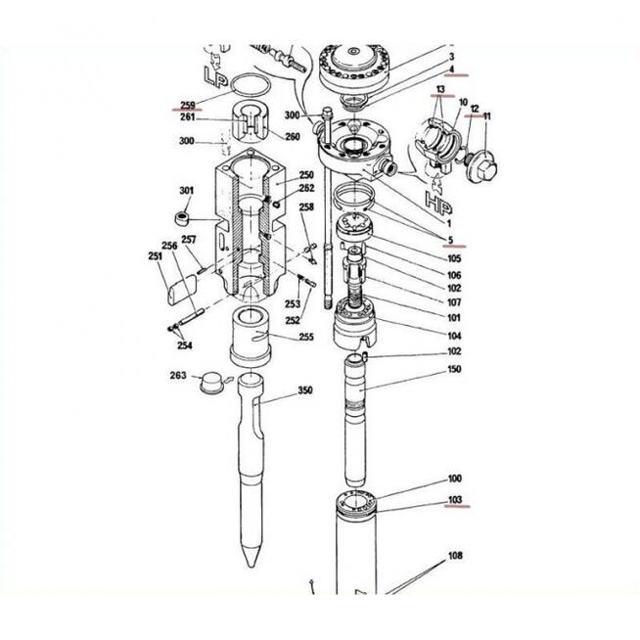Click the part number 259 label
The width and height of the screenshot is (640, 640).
click(x=188, y=105)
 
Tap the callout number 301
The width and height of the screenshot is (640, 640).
click(x=187, y=191)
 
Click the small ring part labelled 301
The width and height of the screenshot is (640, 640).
click(x=182, y=218)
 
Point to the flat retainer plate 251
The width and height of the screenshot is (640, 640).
click(x=182, y=290)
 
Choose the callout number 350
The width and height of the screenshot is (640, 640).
click(x=305, y=390)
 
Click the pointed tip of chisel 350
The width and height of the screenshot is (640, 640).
click(x=251, y=566)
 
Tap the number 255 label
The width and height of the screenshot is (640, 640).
click(x=306, y=337)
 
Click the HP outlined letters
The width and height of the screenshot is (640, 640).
click(x=438, y=203)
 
